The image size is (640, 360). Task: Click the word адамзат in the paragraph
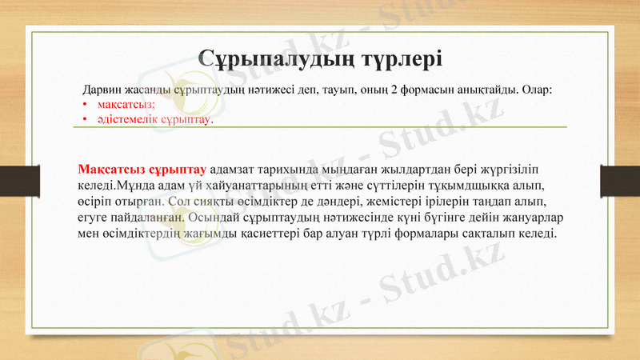click(x=233, y=170)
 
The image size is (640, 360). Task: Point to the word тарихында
click(x=291, y=170)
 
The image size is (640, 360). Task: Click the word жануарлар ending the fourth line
click(x=524, y=216)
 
